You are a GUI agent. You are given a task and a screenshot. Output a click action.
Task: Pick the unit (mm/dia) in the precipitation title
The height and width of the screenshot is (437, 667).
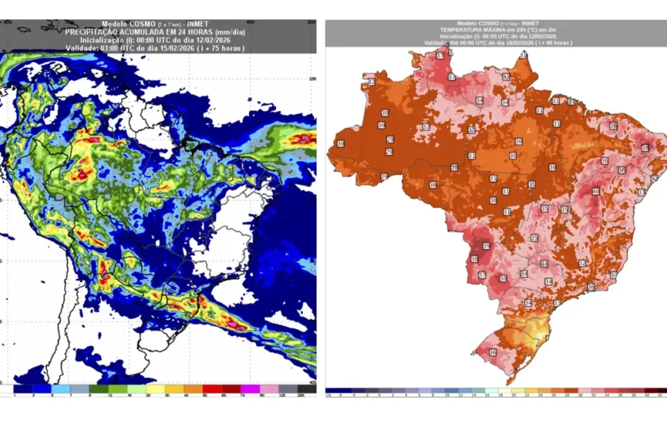coord(228,32)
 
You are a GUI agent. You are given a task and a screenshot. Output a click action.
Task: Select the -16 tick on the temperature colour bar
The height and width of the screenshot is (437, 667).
coord(329,396)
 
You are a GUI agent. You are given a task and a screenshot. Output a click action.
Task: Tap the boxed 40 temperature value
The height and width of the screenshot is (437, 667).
coord(596,191)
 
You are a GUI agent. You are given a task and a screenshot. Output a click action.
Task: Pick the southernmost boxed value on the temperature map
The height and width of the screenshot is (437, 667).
coord(491,352)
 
